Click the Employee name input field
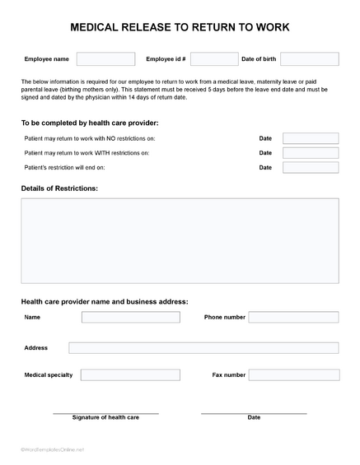tap(105, 59)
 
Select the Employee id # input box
tap(214, 59)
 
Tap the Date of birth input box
tap(309, 59)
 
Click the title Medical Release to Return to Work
tap(180, 27)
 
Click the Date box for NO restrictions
tap(310, 138)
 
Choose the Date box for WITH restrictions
tap(310, 153)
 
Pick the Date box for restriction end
tap(310, 168)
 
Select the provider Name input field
tap(130, 317)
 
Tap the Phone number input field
tap(293, 317)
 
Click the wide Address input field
tap(203, 348)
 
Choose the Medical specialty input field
tap(130, 375)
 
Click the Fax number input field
tap(293, 375)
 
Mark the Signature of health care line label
tap(105, 417)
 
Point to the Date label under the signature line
tap(254, 417)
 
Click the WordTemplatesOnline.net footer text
tap(53, 449)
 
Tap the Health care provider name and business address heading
tap(105, 301)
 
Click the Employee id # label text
tap(166, 59)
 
